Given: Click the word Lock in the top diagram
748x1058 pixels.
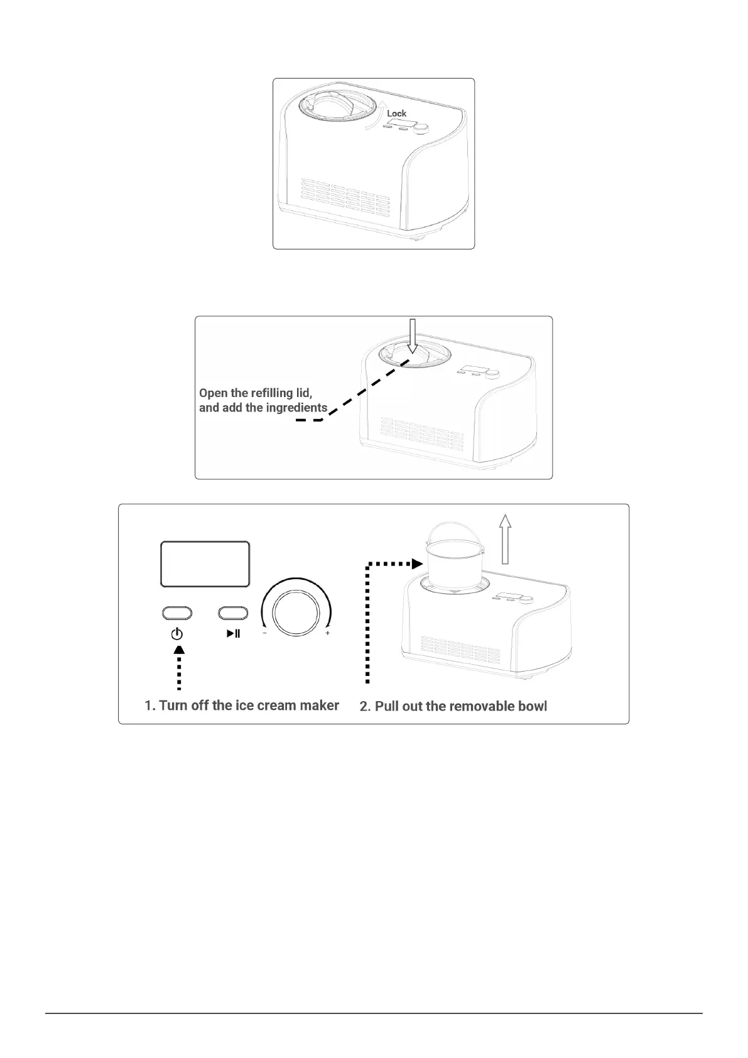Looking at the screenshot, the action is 396,113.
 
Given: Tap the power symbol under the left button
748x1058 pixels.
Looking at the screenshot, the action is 177,634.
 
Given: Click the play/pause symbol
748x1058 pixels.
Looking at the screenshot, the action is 233,633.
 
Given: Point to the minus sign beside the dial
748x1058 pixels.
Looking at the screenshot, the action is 264,633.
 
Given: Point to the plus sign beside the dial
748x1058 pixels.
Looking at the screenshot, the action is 327,633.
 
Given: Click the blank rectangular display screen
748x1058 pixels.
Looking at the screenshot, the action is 205,564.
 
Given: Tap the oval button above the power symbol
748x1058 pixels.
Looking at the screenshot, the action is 176,613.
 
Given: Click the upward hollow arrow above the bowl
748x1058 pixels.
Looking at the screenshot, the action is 505,538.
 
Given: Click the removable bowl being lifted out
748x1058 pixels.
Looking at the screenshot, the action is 450,559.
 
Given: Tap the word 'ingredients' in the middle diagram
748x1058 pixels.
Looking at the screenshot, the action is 296,407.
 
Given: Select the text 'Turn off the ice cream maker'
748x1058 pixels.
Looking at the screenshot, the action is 249,705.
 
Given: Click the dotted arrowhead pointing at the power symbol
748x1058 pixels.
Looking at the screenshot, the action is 179,650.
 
